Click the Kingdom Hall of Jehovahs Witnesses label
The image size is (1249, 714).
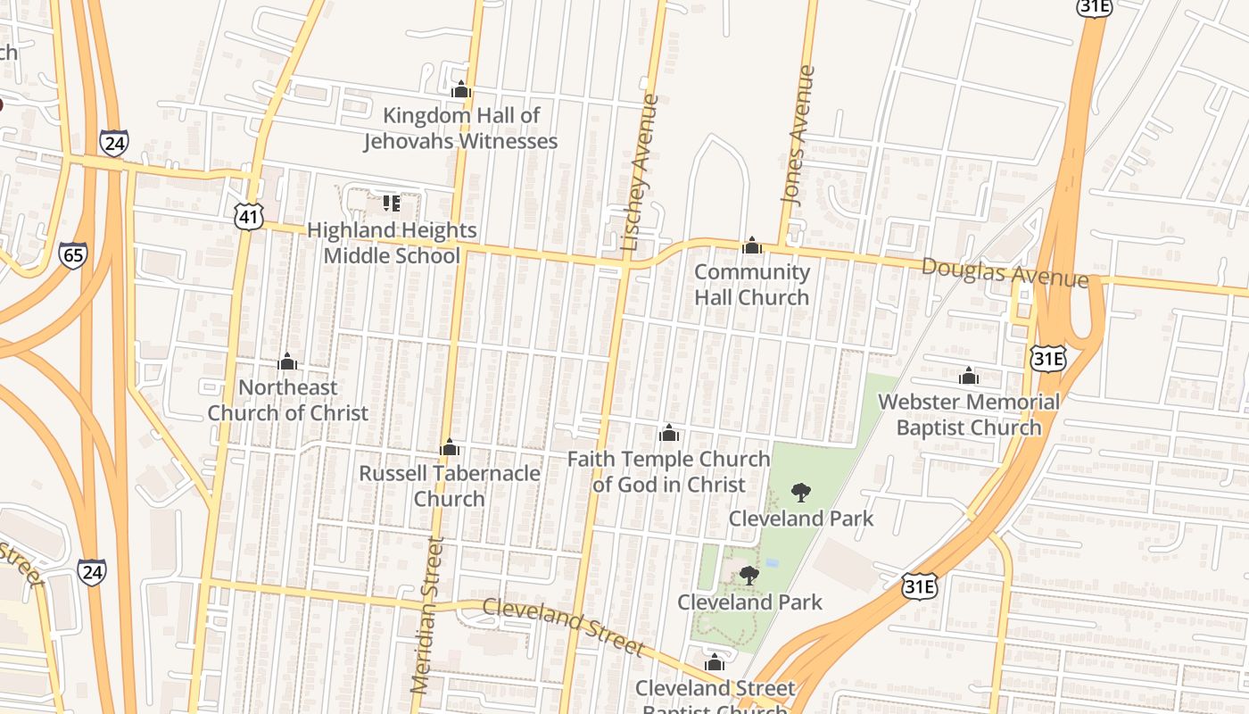click(460, 129)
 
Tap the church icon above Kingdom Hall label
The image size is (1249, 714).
click(460, 89)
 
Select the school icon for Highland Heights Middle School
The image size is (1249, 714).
click(391, 203)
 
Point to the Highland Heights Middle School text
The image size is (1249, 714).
click(392, 244)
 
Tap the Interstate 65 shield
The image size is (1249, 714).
click(73, 254)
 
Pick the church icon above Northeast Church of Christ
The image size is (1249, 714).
click(287, 361)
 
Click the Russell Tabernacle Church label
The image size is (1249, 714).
click(450, 486)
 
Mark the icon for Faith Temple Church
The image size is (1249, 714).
click(669, 434)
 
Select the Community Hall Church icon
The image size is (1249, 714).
click(752, 245)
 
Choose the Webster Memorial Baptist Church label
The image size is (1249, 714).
click(969, 415)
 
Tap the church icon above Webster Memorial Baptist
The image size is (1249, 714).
click(969, 376)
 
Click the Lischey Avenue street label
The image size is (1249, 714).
click(641, 172)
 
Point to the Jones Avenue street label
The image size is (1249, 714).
click(798, 136)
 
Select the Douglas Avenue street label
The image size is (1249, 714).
click(1005, 272)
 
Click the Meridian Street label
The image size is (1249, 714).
click(426, 616)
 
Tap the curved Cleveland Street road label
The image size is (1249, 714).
click(562, 627)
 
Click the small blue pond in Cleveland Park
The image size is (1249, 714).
click(772, 563)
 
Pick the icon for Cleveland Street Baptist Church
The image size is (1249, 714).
click(714, 662)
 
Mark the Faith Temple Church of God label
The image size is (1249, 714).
click(669, 472)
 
